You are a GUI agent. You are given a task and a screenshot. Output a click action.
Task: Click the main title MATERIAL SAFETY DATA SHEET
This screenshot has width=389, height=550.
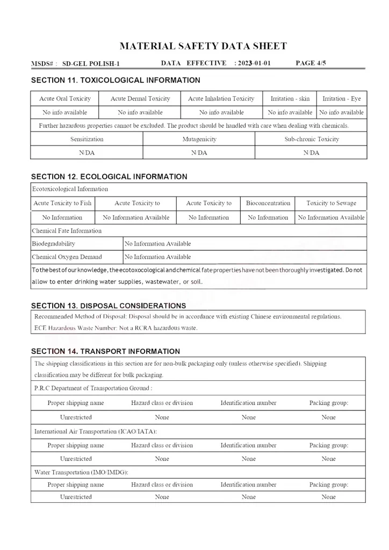pos(203,46)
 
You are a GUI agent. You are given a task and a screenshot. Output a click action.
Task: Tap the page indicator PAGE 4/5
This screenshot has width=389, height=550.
pos(311,63)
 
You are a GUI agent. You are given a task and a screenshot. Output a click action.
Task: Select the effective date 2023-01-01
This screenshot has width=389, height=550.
pos(254,63)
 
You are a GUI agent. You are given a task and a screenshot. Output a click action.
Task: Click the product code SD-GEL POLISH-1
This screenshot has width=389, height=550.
pos(91,64)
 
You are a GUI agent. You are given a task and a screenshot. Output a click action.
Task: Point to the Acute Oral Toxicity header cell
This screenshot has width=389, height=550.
pos(65,99)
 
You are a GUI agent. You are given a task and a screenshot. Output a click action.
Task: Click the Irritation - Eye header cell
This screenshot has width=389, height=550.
pos(341,99)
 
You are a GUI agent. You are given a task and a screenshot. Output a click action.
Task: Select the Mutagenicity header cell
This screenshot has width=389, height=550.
pos(199,139)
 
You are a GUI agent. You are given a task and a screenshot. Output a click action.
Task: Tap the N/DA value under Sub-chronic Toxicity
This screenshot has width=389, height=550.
pos(311,153)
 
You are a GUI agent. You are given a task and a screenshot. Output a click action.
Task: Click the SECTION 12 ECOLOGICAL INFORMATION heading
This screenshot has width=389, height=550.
pos(109,176)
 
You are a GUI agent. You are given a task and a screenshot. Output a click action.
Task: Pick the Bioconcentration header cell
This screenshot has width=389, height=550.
pos(268,204)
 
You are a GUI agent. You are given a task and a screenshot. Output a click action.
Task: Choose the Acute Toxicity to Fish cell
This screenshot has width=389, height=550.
pos(62,204)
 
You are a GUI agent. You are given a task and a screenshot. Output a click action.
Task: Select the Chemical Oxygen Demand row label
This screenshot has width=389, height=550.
pos(67,257)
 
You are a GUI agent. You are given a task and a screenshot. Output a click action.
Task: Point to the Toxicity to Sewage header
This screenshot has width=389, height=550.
pos(331,204)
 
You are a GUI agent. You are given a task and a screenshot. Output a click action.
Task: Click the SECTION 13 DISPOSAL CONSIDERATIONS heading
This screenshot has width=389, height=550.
pos(109,306)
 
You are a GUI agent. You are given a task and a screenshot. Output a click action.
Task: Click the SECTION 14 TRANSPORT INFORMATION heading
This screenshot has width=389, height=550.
pos(105,351)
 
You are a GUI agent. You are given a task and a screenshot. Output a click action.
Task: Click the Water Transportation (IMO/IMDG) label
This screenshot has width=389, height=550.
pos(81,472)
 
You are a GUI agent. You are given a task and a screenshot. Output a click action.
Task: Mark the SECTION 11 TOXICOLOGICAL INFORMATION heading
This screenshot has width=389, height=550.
pos(116,80)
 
